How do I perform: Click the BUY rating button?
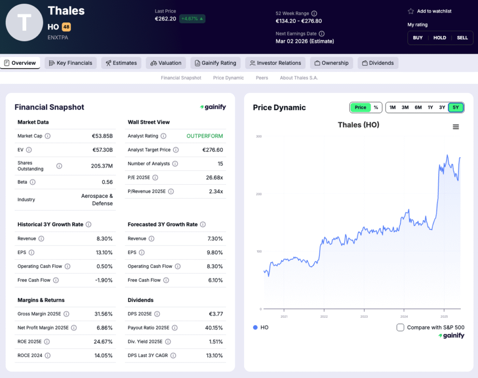point(418,38)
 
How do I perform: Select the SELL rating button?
point(462,38)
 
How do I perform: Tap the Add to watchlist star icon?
point(411,11)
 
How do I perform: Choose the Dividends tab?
point(378,63)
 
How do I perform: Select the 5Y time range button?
point(456,107)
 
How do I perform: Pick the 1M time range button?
point(393,107)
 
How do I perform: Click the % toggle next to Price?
point(376,107)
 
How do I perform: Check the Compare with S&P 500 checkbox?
point(400,327)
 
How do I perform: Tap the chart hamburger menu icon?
point(456,127)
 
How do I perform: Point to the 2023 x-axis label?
point(364,316)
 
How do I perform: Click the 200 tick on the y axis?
point(259,194)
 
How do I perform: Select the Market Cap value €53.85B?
point(102,136)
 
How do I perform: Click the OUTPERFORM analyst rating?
point(204,136)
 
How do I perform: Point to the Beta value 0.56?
point(107,182)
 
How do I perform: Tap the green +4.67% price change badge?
point(192,19)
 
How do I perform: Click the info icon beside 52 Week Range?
point(314,14)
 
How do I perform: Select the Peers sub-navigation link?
point(262,78)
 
